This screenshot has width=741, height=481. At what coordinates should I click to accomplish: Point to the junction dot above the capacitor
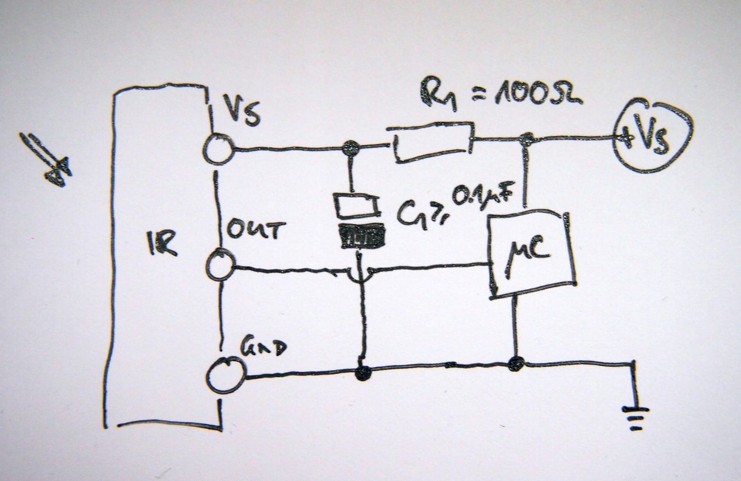click(x=351, y=147)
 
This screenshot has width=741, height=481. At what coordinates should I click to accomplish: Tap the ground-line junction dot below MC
click(x=516, y=363)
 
